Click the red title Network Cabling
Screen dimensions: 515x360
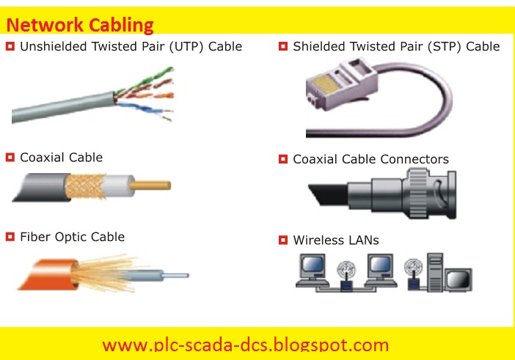[80, 25]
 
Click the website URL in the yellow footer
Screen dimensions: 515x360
[245, 345]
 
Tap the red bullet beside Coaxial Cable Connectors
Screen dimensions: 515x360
[282, 159]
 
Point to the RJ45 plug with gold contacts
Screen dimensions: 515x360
[342, 84]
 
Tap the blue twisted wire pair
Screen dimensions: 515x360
[145, 109]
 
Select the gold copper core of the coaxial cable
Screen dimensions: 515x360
[150, 185]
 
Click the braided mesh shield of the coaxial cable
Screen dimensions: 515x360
[85, 186]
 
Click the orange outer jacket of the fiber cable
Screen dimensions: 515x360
[48, 275]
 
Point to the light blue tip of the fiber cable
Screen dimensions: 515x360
[176, 276]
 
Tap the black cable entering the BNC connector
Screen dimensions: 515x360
[329, 194]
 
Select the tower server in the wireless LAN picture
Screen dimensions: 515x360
[435, 272]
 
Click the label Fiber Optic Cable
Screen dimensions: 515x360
[72, 237]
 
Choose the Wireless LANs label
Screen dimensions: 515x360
[336, 240]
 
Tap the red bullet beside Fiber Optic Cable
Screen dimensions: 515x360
[10, 237]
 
